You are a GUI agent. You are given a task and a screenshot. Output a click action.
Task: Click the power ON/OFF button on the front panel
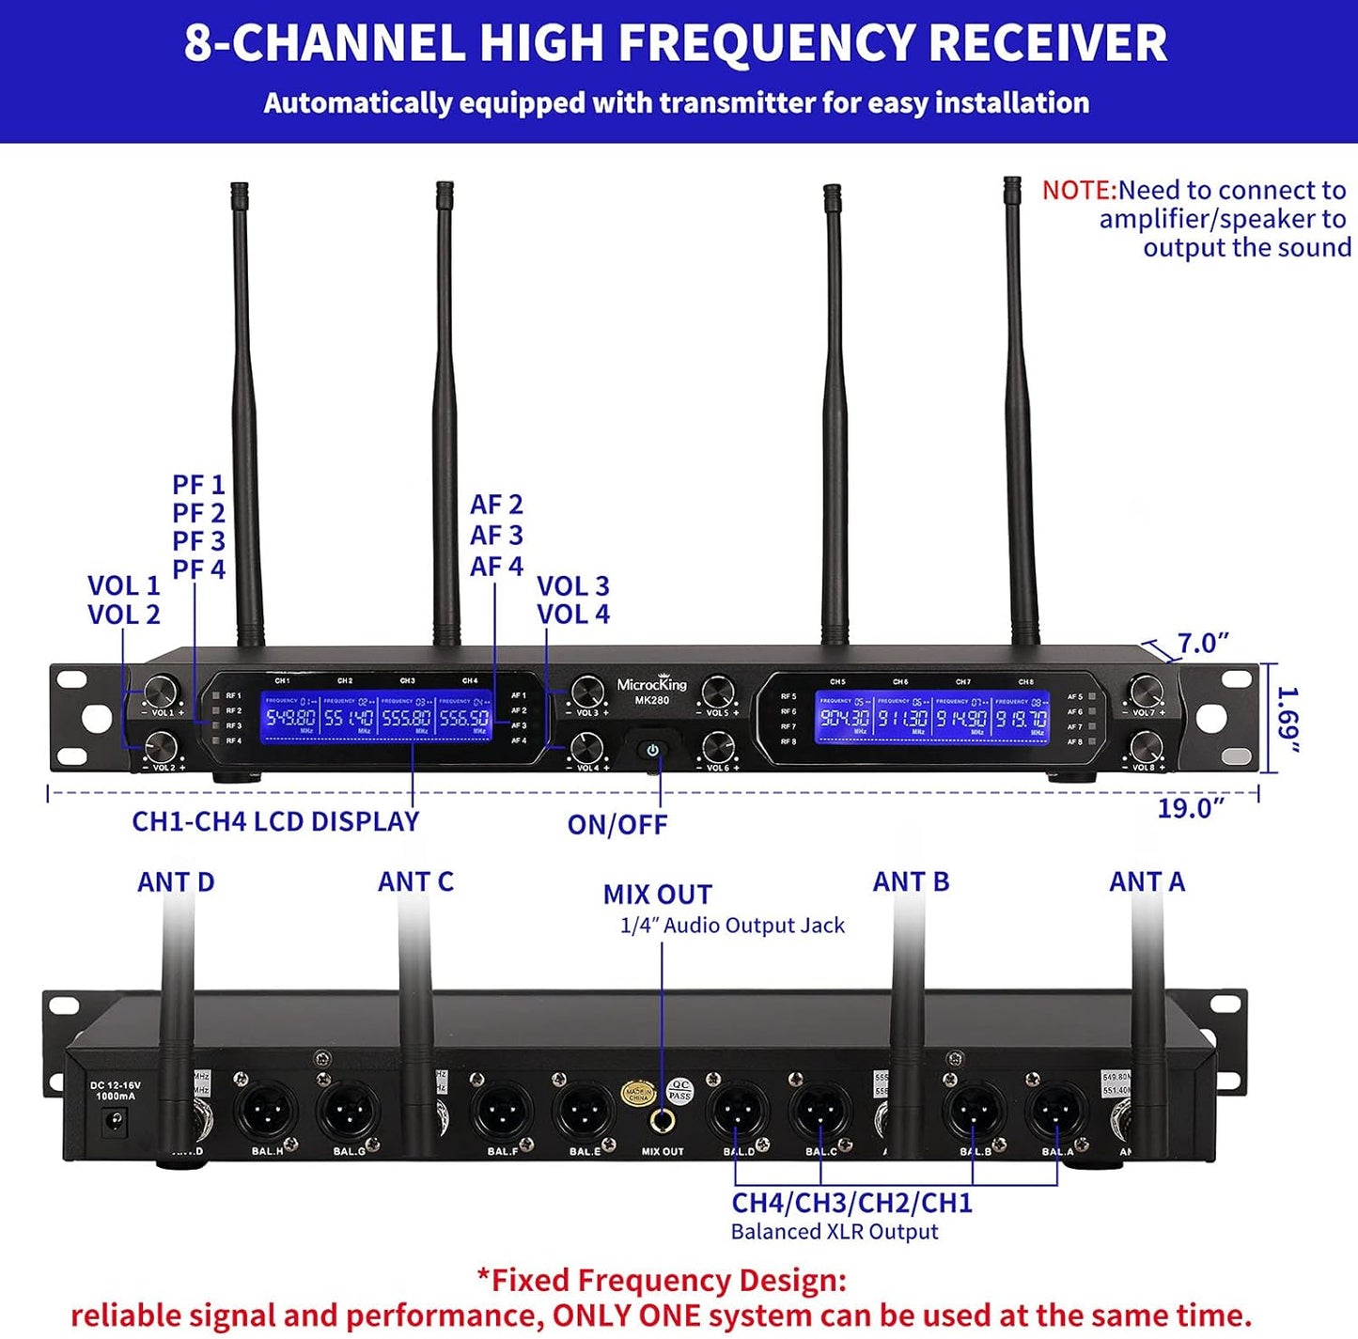coord(652,751)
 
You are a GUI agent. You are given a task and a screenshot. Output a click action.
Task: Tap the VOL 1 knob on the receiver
coord(161,692)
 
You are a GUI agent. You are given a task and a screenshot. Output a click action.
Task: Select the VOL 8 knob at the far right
coord(1146,748)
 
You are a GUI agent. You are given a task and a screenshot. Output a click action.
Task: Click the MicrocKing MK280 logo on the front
coord(651,690)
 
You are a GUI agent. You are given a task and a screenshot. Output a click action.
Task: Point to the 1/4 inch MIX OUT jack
coord(663,1120)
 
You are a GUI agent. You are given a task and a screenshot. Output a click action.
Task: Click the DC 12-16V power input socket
coord(117,1121)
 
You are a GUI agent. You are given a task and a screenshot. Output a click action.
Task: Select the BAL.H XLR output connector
coord(266,1113)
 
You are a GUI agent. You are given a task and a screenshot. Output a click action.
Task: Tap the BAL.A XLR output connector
coord(1058,1113)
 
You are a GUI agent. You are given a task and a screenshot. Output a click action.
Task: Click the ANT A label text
coord(1147,881)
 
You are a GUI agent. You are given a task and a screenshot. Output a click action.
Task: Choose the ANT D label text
coord(176,882)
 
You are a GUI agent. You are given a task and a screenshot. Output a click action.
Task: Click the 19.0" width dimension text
coord(1191,808)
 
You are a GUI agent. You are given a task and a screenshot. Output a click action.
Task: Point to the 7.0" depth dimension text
coord(1203,644)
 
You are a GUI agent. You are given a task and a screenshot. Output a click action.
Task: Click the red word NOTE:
coord(1079,191)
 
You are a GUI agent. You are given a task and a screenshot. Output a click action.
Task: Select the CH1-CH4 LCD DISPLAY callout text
coord(275,821)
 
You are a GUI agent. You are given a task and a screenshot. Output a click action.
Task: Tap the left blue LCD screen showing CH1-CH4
coord(376,717)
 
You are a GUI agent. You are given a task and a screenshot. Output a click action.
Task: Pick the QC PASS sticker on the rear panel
coord(679,1090)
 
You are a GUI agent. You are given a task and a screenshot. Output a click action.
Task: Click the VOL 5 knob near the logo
coord(718,693)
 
